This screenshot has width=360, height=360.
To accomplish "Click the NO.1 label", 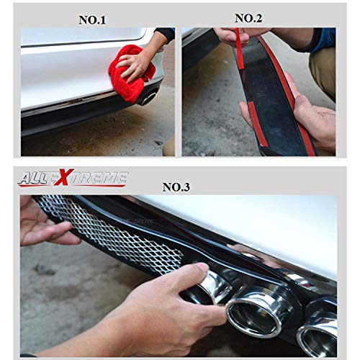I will coord(92,19).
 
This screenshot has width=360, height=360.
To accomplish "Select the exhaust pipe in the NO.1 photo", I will coord(148,96).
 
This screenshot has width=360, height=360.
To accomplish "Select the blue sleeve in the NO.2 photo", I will coord(322,40).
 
